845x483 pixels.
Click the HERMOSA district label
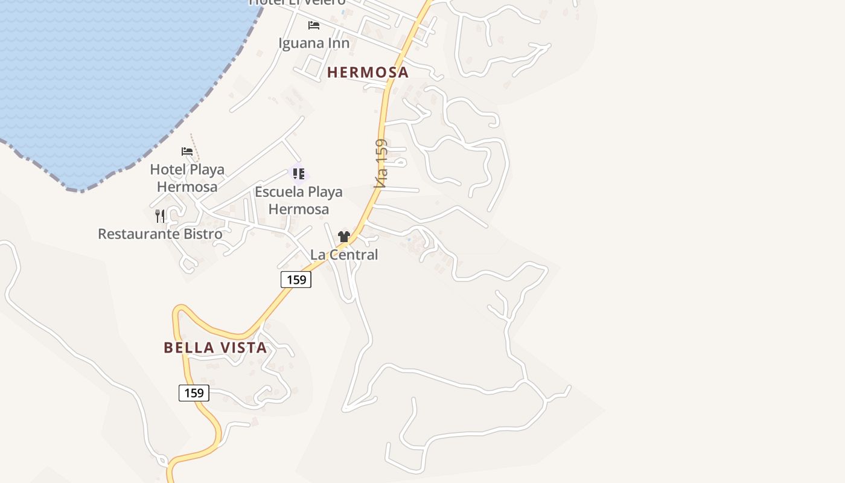368,72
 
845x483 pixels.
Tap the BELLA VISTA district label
215,348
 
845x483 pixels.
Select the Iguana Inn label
314,43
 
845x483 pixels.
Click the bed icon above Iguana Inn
314,25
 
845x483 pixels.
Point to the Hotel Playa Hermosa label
187,178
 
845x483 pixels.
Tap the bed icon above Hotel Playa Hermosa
187,151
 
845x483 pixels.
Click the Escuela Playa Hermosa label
299,200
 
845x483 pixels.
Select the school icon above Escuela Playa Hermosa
299,174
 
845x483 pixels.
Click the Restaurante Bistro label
160,234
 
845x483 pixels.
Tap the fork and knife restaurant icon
160,216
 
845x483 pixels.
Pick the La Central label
344,255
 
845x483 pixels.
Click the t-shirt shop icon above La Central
344,237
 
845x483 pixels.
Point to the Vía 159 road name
380,164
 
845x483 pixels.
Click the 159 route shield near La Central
296,280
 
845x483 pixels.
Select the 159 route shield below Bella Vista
194,393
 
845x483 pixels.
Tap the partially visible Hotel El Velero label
298,2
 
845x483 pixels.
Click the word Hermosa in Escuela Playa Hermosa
299,210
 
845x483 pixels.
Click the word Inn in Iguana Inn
339,43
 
